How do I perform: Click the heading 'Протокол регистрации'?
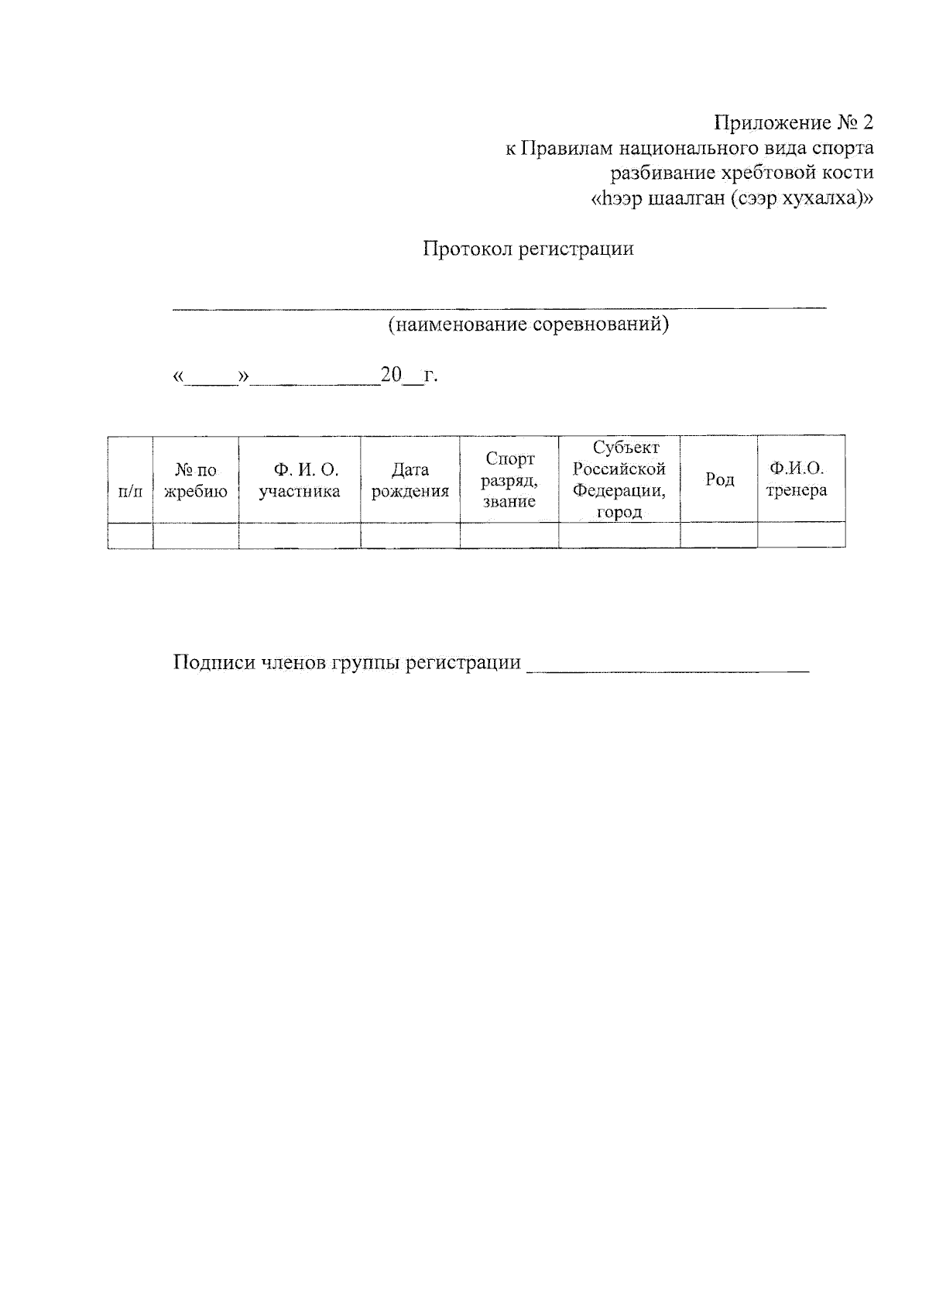click(x=528, y=249)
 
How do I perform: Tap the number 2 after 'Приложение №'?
click(x=866, y=123)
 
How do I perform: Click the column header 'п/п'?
click(x=130, y=491)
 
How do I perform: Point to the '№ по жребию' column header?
click(x=196, y=481)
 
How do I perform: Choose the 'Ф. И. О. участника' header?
click(x=300, y=480)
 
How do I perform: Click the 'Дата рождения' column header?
click(x=410, y=480)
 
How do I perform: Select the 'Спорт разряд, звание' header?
click(x=509, y=480)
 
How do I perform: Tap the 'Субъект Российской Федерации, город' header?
click(x=619, y=479)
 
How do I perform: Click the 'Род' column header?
click(x=719, y=480)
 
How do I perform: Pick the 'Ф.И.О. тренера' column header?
click(x=797, y=479)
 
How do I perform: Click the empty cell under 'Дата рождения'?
click(x=410, y=535)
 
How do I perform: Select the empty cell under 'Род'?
click(x=719, y=535)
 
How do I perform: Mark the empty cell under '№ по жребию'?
click(x=196, y=535)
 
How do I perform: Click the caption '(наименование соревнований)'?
click(x=528, y=324)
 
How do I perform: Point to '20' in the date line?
click(x=391, y=376)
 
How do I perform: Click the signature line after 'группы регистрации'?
click(x=667, y=668)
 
